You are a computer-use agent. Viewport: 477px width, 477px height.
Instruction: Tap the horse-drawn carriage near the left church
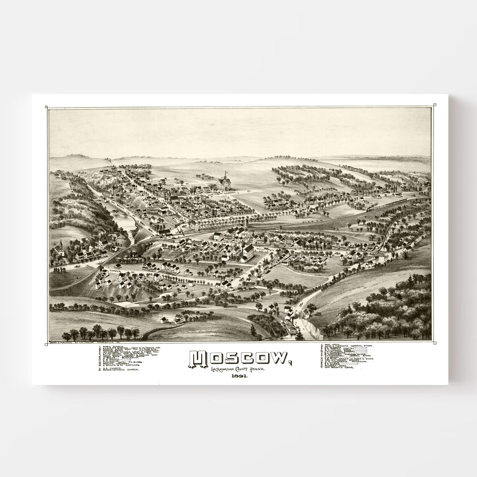77,266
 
